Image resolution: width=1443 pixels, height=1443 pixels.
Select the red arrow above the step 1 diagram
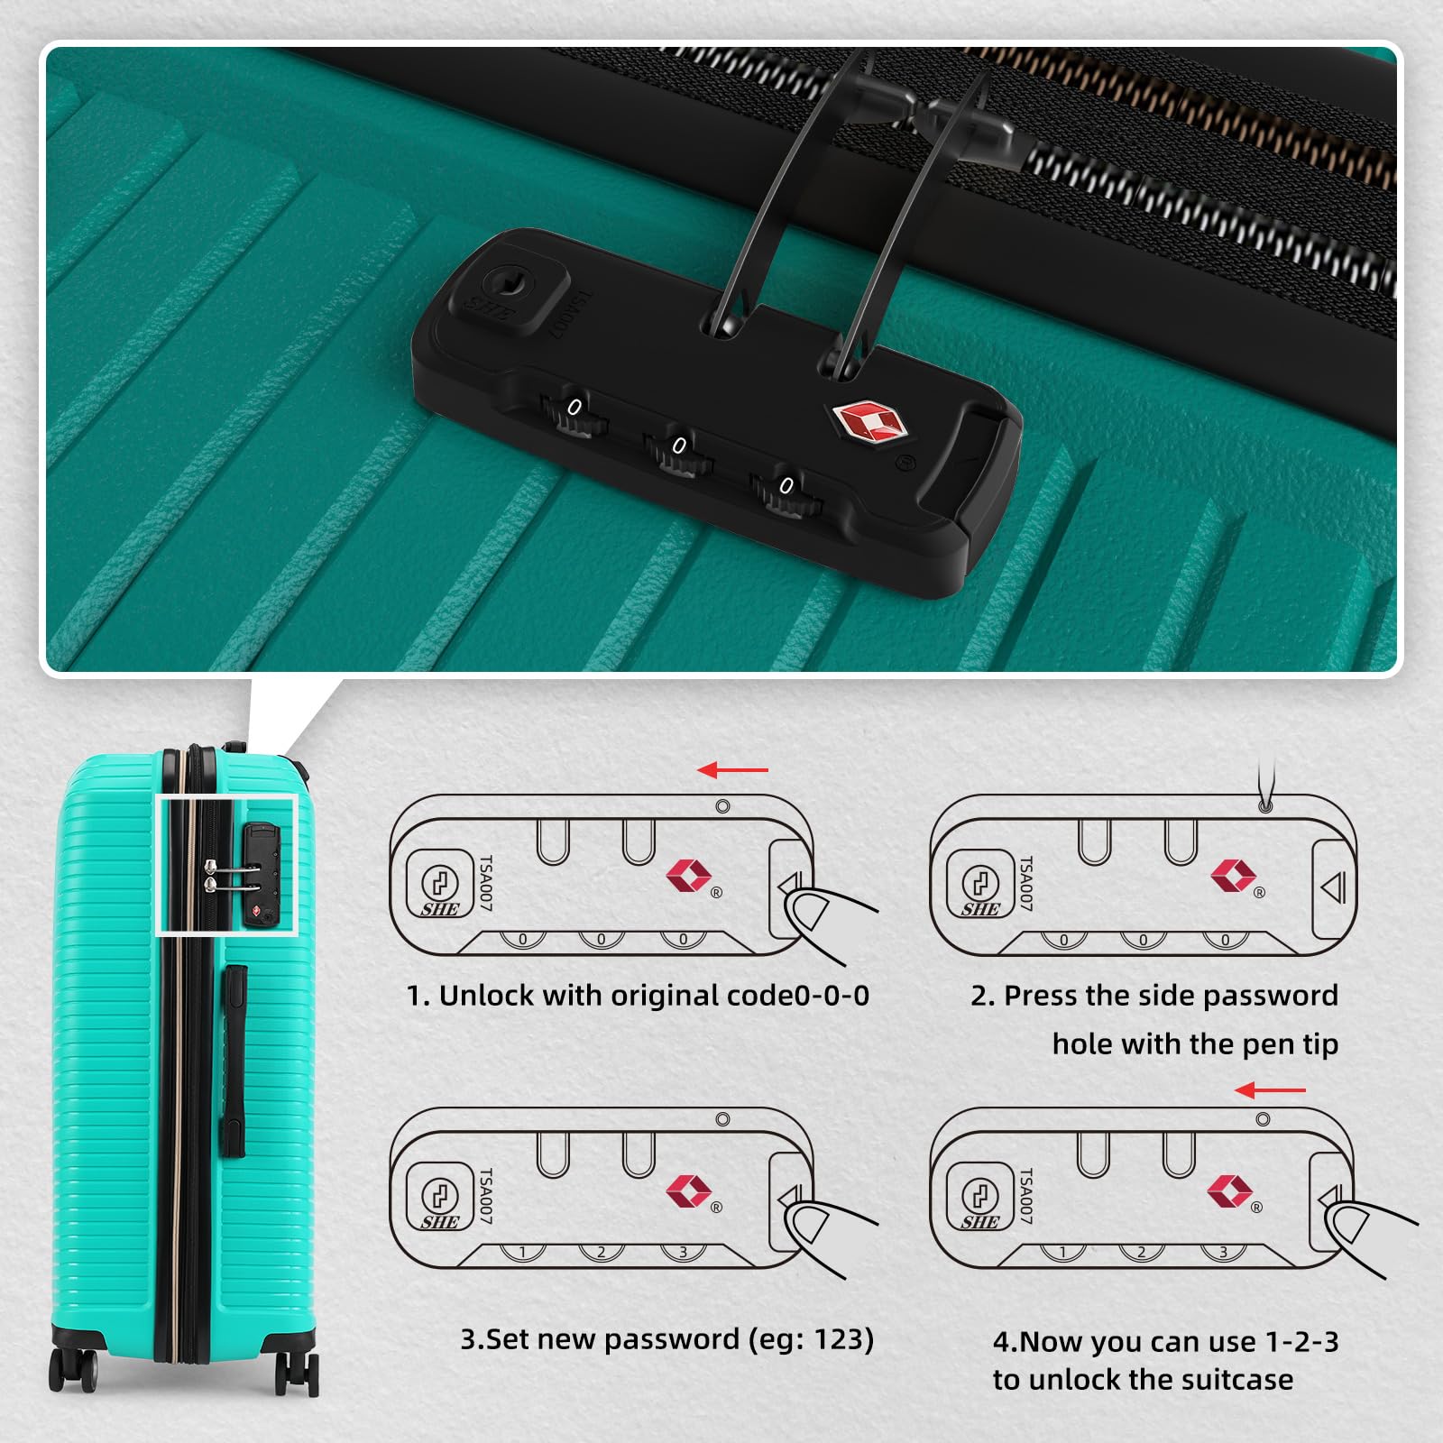pos(733,770)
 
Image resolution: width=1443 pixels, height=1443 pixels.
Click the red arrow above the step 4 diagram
pos(1270,1090)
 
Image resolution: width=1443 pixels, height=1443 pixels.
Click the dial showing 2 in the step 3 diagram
pos(602,1252)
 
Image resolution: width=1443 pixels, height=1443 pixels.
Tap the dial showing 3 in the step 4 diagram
pos(1223,1252)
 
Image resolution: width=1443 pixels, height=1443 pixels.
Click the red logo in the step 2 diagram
pos(1233,874)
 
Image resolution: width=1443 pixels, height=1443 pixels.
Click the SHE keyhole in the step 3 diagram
pos(440,1197)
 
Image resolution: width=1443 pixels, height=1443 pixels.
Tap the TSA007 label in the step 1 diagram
pos(486,883)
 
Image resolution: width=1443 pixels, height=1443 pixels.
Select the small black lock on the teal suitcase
pos(260,874)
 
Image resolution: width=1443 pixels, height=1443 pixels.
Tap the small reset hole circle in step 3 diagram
pos(722,1119)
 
